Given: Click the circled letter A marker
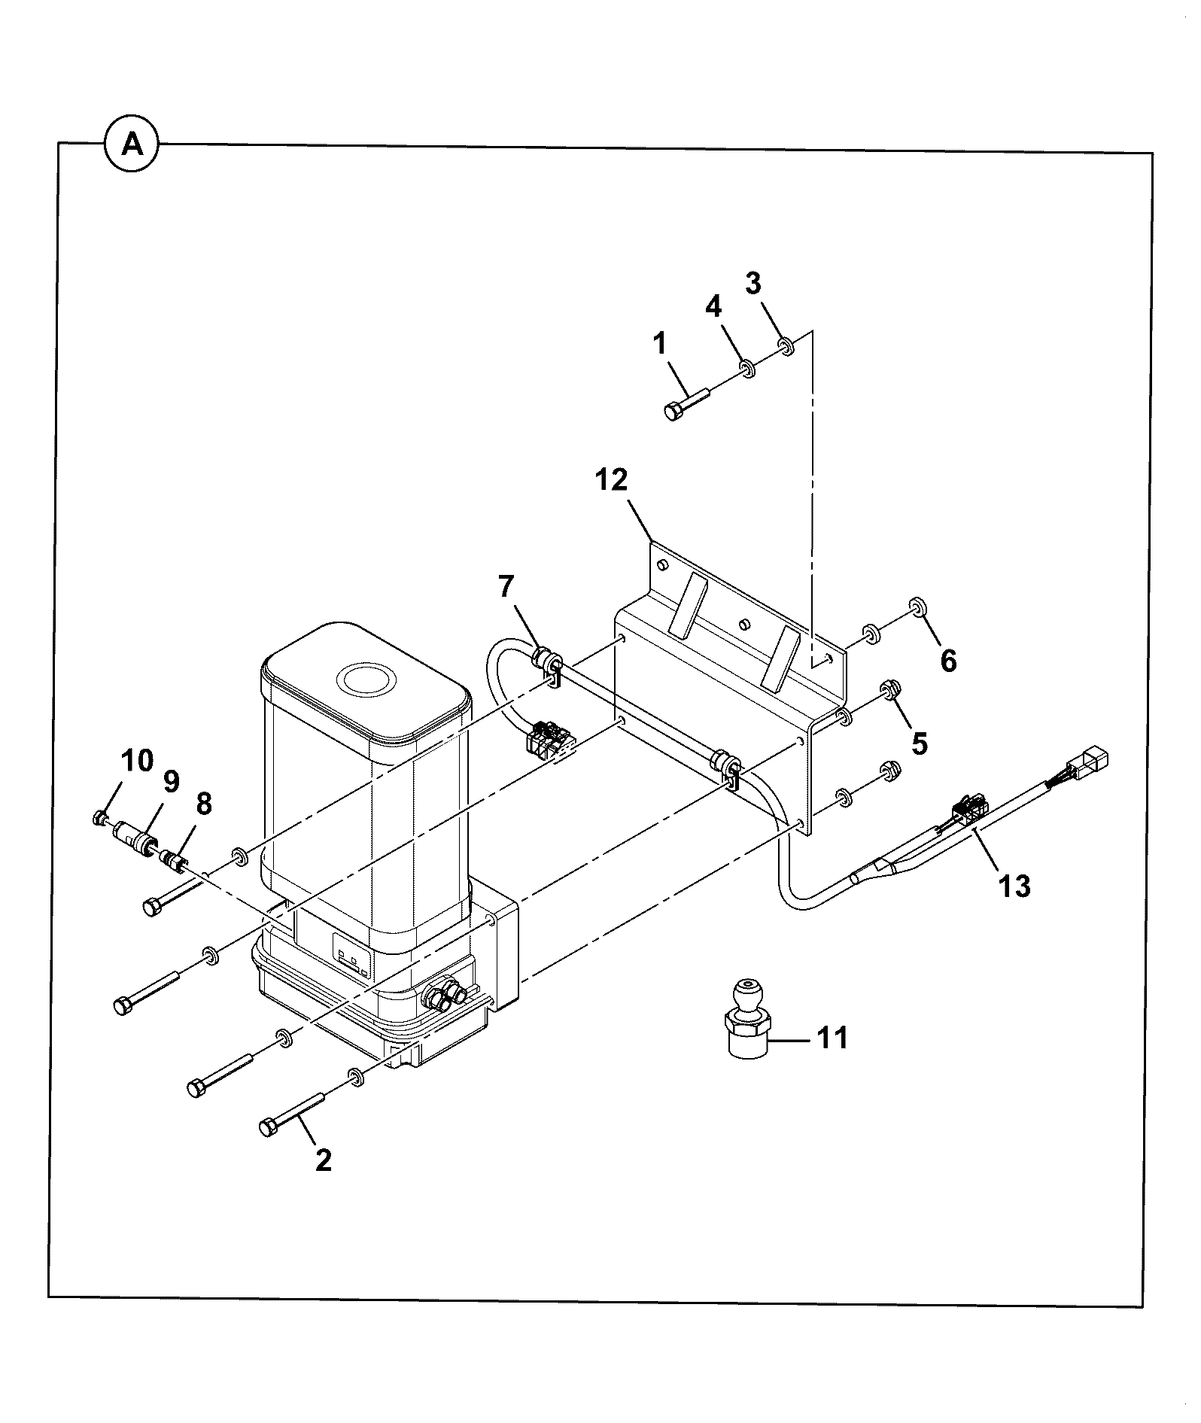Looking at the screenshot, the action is tap(132, 144).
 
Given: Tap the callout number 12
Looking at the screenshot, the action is tap(611, 479).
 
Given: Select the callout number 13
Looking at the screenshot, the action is tap(1014, 886).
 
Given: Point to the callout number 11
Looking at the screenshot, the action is tap(832, 1038).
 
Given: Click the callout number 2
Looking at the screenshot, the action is tap(324, 1160).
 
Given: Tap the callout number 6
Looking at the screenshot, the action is tap(948, 661).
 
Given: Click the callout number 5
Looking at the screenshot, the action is tap(919, 743).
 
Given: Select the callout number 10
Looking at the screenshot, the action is tap(136, 760).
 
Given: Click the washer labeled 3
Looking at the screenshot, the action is tap(787, 347).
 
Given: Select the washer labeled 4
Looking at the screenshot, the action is tap(748, 369).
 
